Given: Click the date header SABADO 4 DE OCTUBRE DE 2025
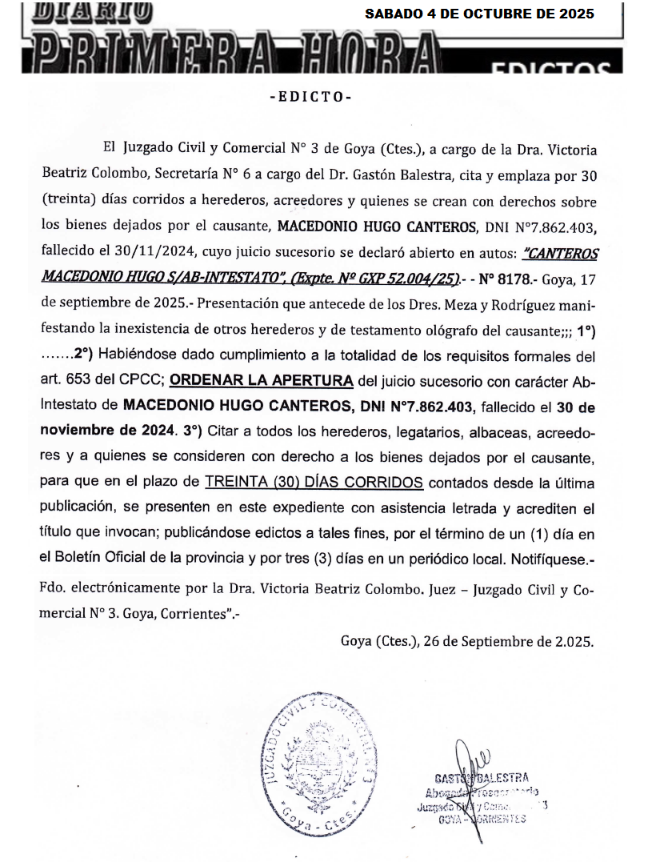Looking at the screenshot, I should (480, 14).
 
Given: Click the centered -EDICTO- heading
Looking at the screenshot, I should (310, 97).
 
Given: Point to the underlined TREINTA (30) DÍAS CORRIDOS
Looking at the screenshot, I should (314, 483).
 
